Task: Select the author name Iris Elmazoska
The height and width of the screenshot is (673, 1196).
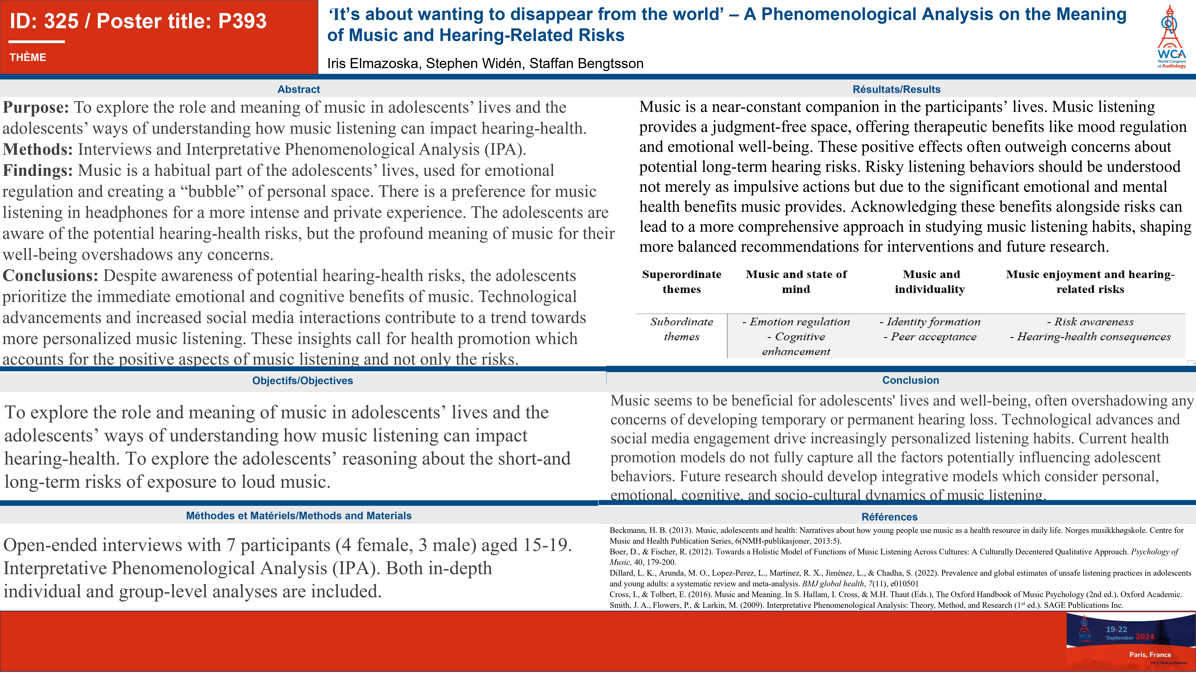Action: (x=374, y=64)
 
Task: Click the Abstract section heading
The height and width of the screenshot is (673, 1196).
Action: (x=299, y=89)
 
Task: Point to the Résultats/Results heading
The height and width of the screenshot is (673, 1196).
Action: (x=896, y=89)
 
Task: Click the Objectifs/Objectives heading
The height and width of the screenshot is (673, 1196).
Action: (x=302, y=380)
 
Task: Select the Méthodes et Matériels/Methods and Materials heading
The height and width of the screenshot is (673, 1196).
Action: (x=299, y=515)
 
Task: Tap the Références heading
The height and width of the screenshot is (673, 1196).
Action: (x=889, y=517)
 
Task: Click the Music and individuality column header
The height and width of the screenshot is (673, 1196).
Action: (x=930, y=282)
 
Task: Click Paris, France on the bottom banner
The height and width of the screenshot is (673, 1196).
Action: (x=1150, y=654)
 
